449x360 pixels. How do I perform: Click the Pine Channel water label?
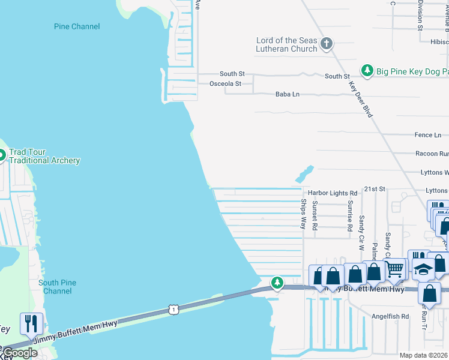77,26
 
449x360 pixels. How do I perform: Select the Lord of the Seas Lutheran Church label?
286,44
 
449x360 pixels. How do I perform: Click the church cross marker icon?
327,43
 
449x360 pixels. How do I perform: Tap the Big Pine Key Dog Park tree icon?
367,71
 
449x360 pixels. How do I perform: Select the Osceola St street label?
225,84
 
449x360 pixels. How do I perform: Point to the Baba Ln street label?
287,94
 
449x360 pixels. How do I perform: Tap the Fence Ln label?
427,135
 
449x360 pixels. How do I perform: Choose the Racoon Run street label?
432,154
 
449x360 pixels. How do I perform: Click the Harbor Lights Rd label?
333,193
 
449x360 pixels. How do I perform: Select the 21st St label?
374,189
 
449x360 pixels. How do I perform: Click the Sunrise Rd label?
349,215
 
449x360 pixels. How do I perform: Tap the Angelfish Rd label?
390,316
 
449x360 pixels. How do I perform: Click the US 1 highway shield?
173,310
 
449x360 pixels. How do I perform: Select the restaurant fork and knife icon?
31,323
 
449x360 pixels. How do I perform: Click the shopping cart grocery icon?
394,271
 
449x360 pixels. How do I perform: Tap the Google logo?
20,353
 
